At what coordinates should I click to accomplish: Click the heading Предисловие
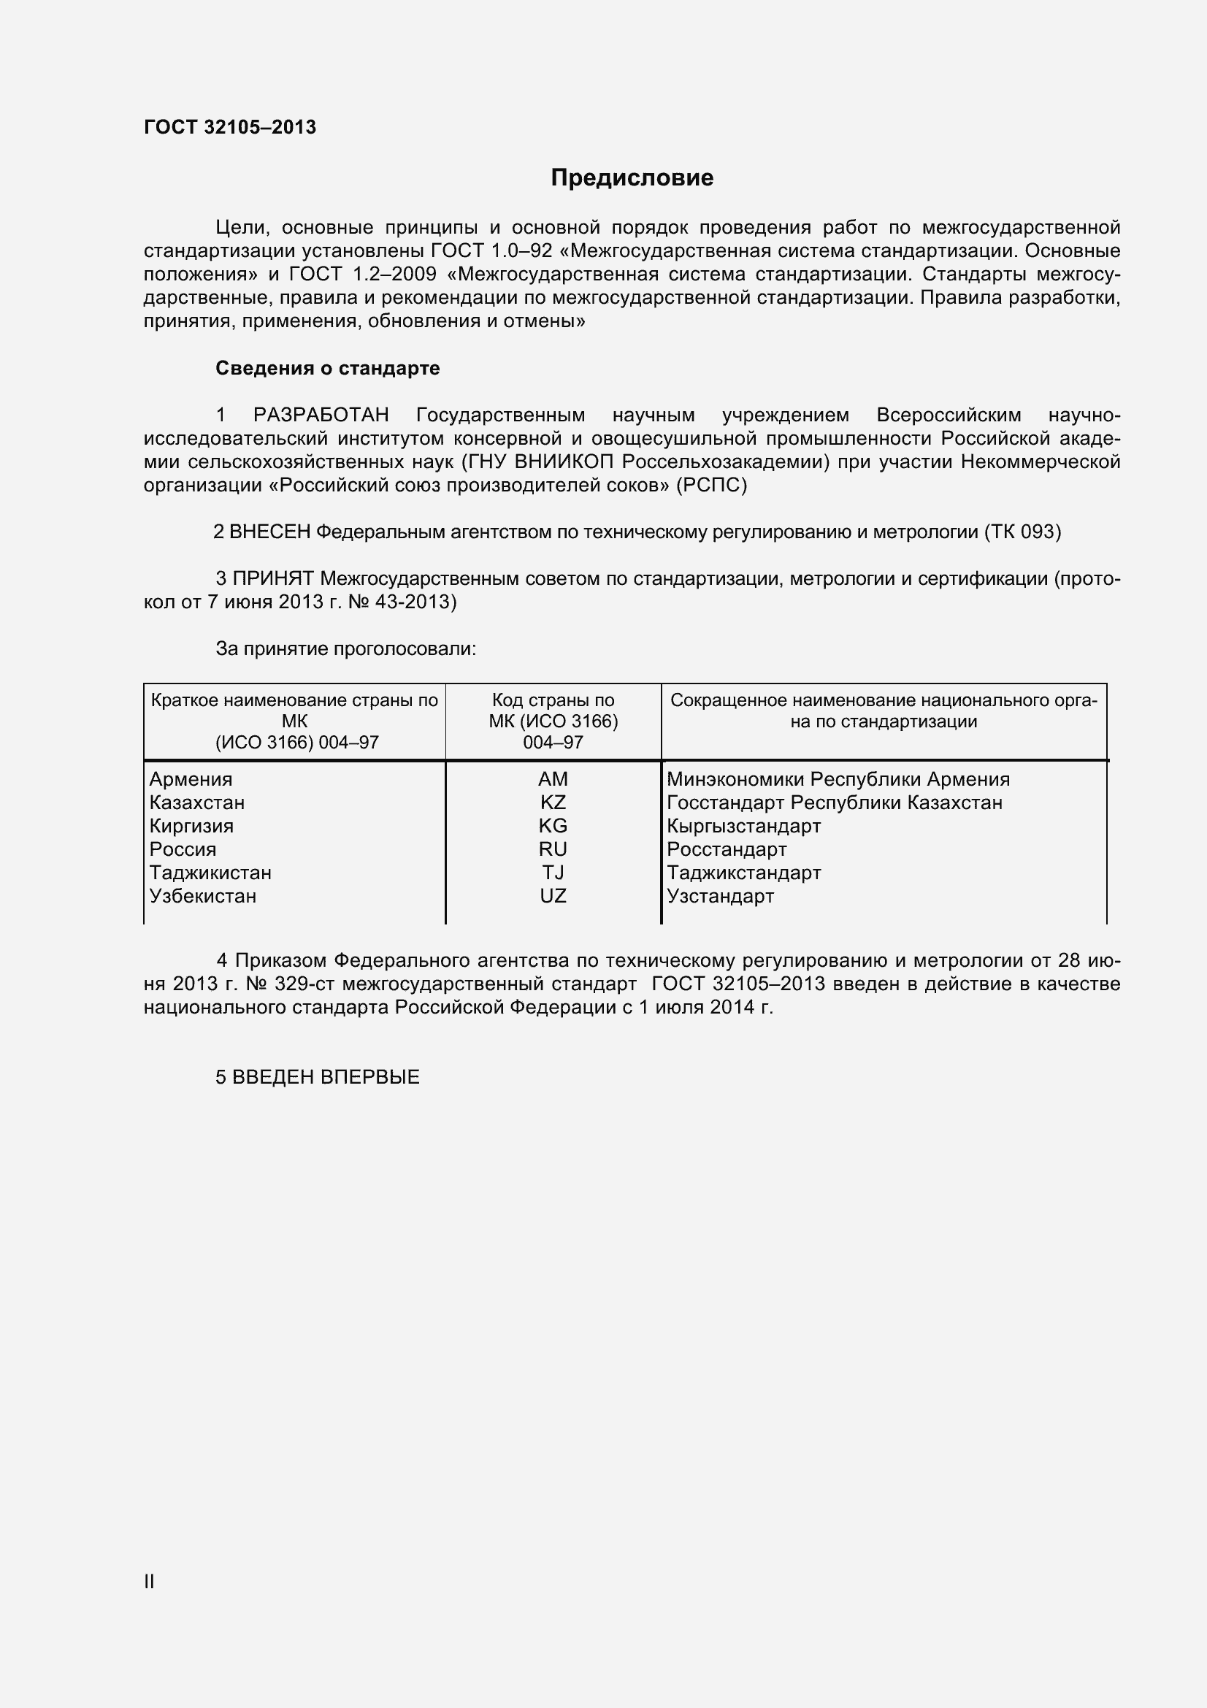(632, 177)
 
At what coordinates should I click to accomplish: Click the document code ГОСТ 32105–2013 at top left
(230, 127)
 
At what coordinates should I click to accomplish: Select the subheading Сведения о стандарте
(327, 368)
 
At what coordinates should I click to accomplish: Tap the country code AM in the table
(553, 779)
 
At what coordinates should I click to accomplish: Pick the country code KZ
(553, 803)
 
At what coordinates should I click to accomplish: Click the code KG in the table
(553, 826)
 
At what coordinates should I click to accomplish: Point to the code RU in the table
(553, 849)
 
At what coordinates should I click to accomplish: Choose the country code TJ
(553, 873)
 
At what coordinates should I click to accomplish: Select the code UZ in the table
(553, 896)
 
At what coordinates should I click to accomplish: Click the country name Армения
(191, 779)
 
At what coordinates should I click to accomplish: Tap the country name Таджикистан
(210, 873)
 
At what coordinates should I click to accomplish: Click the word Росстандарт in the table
(726, 849)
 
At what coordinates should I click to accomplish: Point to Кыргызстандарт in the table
(743, 826)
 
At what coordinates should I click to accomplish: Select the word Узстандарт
(720, 896)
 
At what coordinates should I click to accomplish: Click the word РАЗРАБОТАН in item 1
(321, 415)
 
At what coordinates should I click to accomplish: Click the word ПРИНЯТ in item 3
(274, 579)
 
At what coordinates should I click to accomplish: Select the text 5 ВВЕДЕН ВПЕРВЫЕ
(318, 1077)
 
